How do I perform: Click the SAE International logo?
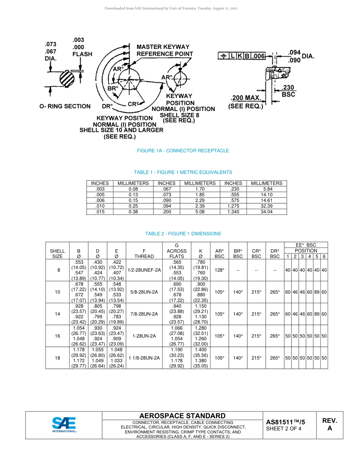click(64, 425)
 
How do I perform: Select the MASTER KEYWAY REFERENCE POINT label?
click(164, 50)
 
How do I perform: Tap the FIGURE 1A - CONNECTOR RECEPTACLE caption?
click(183, 151)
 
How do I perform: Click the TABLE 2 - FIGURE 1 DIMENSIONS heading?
click(183, 234)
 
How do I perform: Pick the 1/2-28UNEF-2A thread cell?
click(144, 270)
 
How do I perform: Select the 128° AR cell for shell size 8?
click(219, 270)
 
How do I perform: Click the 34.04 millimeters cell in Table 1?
click(266, 212)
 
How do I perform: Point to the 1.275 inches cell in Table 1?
click(233, 206)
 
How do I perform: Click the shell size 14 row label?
click(57, 314)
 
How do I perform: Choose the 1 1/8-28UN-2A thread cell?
click(144, 358)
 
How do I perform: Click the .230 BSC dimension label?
click(288, 91)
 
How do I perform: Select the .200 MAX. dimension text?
click(246, 98)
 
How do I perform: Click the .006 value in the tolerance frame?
click(259, 56)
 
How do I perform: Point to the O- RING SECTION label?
click(65, 106)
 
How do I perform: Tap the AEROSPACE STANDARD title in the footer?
click(182, 416)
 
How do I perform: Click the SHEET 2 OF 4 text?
click(284, 429)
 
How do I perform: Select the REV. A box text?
click(329, 424)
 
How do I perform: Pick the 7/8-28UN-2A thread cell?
click(144, 314)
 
